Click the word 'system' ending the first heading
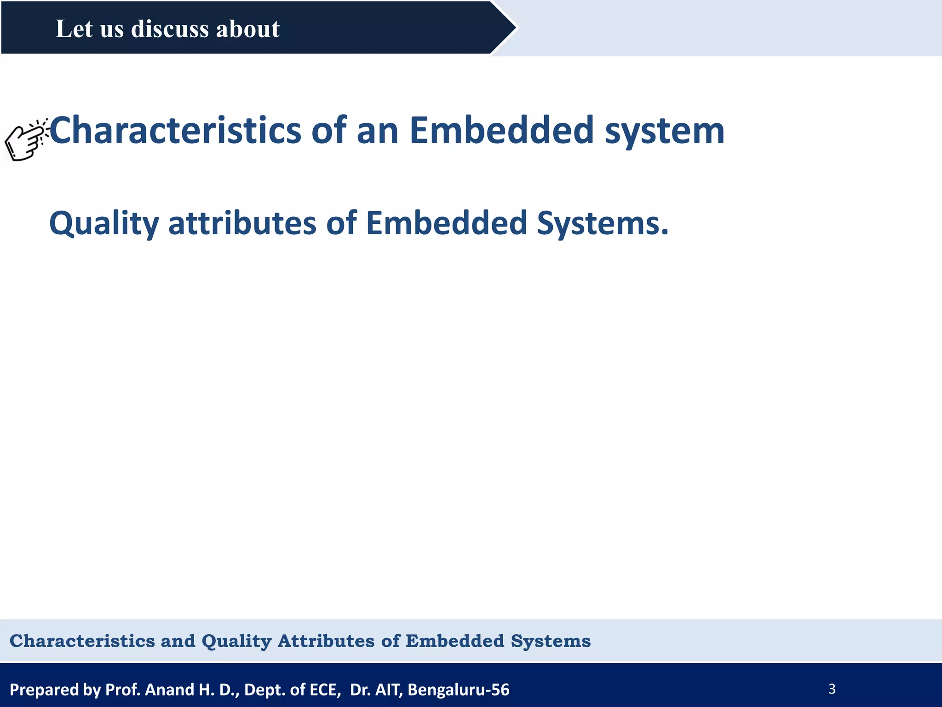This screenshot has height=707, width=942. [664, 131]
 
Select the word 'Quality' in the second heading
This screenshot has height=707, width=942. [104, 224]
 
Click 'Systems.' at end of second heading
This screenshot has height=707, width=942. [603, 224]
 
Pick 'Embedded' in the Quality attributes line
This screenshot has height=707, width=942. [446, 223]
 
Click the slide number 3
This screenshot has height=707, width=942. [832, 689]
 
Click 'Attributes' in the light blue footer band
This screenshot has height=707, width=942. [326, 641]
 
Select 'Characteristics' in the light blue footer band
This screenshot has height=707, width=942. [82, 641]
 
